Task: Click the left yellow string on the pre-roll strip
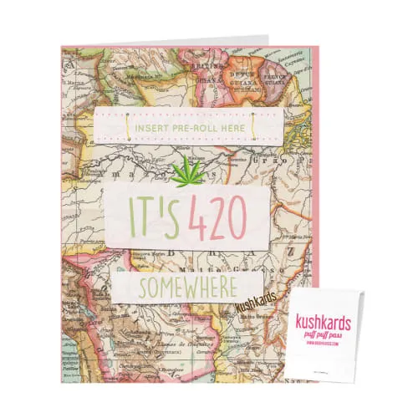128,126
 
